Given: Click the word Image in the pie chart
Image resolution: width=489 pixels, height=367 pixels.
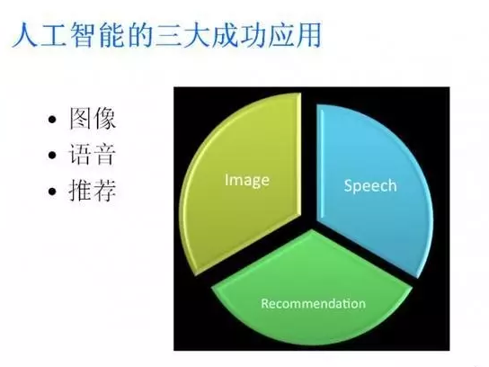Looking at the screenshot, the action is click(247, 181).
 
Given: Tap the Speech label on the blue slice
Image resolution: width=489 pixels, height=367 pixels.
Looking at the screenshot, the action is click(370, 186).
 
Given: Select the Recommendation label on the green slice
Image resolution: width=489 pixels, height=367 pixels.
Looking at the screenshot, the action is click(313, 304).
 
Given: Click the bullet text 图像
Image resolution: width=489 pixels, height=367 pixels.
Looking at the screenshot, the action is click(93, 119).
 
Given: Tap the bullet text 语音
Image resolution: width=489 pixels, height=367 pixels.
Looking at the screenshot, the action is click(93, 154).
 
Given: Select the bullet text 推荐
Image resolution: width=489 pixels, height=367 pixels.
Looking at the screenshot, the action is click(93, 190).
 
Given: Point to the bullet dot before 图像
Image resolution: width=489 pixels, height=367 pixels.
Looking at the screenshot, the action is click(52, 120).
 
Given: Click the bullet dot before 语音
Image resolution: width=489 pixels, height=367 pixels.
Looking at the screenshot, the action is click(52, 155).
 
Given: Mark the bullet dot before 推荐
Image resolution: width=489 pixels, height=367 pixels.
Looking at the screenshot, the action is click(52, 191).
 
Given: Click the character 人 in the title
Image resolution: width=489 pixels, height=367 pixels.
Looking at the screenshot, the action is click(25, 34).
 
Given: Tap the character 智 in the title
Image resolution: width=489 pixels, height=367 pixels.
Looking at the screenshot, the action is click(82, 34).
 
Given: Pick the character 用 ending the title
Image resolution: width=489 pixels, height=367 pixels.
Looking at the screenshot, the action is click(308, 34).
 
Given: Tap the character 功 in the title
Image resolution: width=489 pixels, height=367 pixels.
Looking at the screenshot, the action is click(253, 34).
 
